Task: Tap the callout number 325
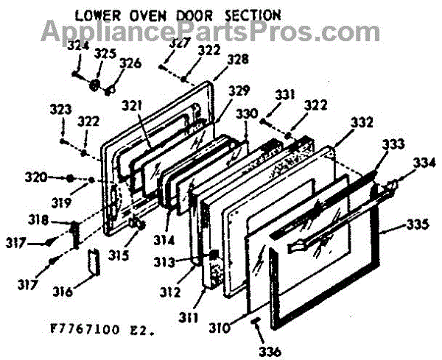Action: pos(105,53)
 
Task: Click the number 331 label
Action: pos(285,94)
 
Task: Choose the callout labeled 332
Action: pos(361,121)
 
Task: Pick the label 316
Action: pos(62,292)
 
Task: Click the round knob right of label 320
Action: pos(69,178)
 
